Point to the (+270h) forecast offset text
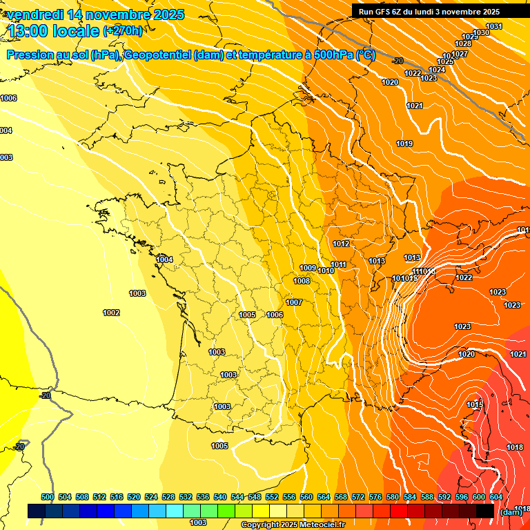click(123, 31)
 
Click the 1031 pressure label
click(494, 27)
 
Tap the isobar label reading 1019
click(404, 144)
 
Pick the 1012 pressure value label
click(341, 244)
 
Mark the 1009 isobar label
click(308, 268)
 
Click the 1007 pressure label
click(294, 302)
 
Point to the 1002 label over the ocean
click(111, 313)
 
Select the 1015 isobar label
click(475, 405)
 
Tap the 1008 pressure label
click(302, 281)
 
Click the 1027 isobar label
click(460, 54)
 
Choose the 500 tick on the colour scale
click(48, 497)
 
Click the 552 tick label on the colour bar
click(272, 497)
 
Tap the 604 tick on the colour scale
click(496, 497)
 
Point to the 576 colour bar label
click(375, 497)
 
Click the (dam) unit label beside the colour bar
click(511, 512)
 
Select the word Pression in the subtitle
click(31, 55)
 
